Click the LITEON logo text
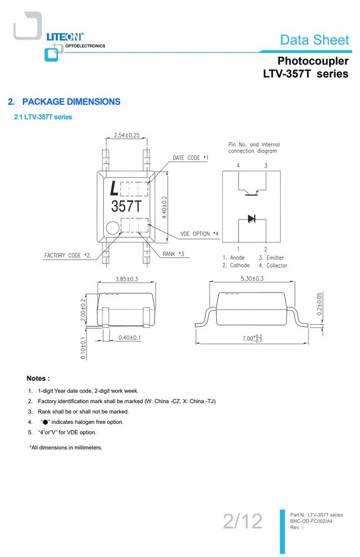pyautogui.click(x=65, y=37)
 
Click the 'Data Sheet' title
pyautogui.click(x=314, y=40)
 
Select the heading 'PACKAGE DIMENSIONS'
pyautogui.click(x=71, y=101)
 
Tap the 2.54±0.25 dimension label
pyautogui.click(x=127, y=135)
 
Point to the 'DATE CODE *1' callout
pyautogui.click(x=191, y=158)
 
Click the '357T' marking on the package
pyautogui.click(x=126, y=206)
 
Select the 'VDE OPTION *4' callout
pyautogui.click(x=200, y=234)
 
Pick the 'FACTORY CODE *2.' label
pyautogui.click(x=67, y=256)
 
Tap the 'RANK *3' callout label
pyautogui.click(x=173, y=253)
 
